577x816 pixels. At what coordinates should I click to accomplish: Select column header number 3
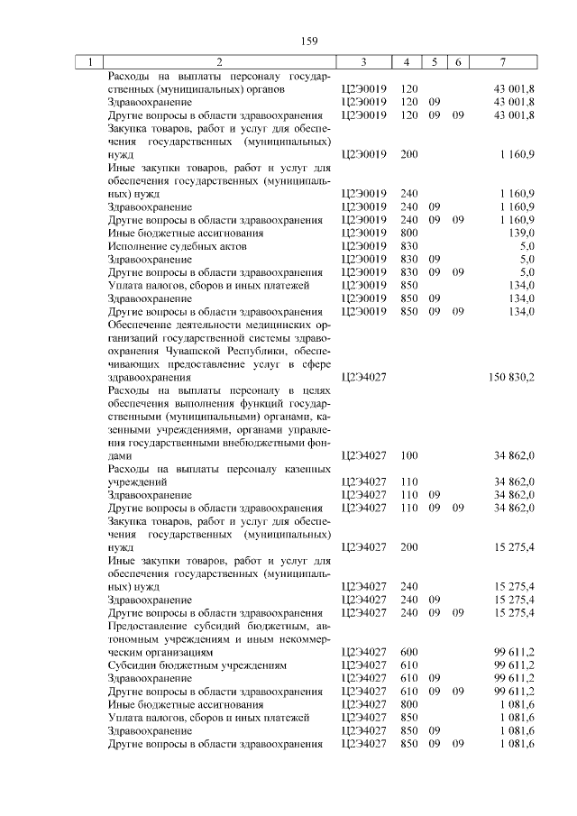[x=363, y=62]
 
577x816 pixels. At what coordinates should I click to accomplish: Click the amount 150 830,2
[x=509, y=377]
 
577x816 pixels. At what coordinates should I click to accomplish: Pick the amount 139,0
[x=520, y=233]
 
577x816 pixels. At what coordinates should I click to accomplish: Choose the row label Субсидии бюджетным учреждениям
[x=197, y=665]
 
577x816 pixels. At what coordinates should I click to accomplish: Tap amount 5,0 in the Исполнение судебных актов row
[x=527, y=246]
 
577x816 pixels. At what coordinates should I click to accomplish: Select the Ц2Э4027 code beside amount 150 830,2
[x=364, y=377]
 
